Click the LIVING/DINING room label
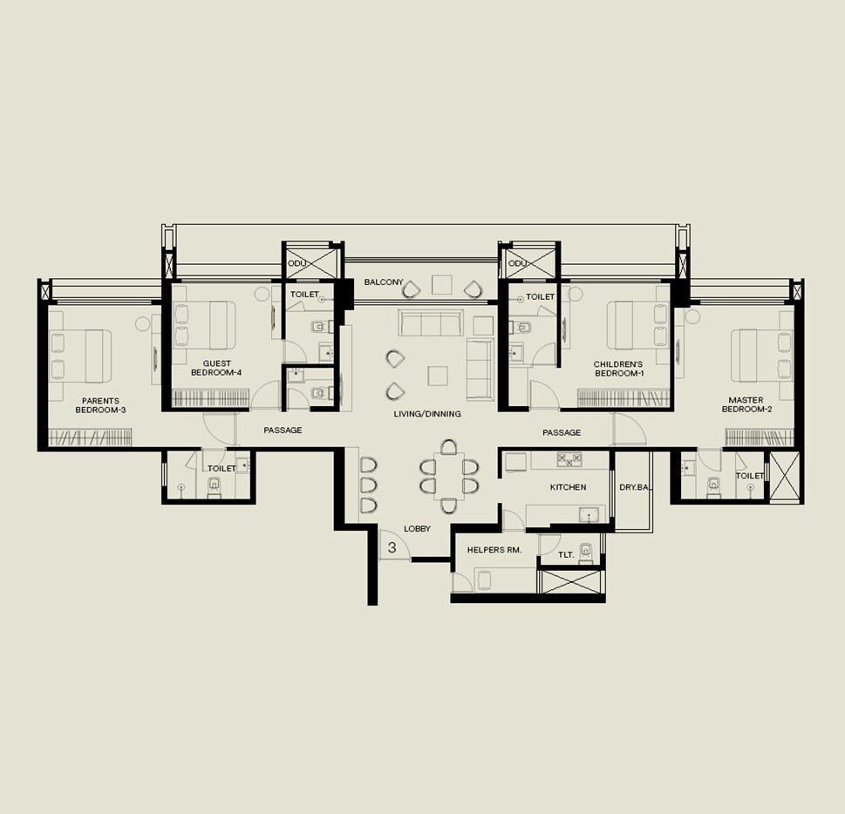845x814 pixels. (x=426, y=414)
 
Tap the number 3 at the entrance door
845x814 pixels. (x=392, y=547)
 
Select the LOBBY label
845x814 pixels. (x=417, y=529)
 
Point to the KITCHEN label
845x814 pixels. (x=568, y=487)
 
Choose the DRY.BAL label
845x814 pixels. (x=633, y=487)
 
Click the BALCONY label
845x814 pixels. (x=384, y=282)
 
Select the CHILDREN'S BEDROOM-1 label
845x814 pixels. (x=618, y=369)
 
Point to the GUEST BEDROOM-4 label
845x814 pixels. (x=216, y=368)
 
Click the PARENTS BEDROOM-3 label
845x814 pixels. (x=100, y=405)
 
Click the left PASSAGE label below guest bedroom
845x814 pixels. (x=283, y=431)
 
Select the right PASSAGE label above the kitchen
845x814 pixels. (x=562, y=432)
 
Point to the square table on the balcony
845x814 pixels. (x=441, y=285)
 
